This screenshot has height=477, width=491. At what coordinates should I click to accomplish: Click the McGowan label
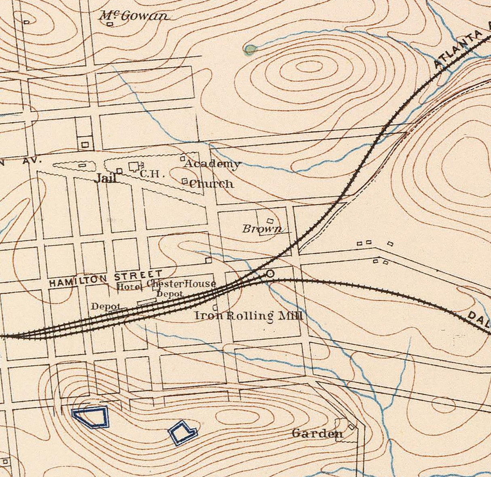coord(133,16)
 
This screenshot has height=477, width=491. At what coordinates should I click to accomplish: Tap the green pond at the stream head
coord(250,50)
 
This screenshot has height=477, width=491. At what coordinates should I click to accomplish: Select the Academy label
coord(212,164)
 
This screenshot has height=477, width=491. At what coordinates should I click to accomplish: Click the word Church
coord(212,184)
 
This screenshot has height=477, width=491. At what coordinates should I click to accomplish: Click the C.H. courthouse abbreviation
coord(151,174)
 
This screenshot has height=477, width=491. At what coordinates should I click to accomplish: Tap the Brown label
coord(262,229)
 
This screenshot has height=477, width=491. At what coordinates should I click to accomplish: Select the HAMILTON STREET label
coord(106,279)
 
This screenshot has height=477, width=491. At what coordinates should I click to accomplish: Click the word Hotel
coord(129,287)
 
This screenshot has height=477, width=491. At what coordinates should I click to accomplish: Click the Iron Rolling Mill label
coord(248,316)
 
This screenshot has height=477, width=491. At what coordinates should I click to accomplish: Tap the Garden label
coord(317,434)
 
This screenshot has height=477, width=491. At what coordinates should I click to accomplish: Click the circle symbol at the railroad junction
coord(270,274)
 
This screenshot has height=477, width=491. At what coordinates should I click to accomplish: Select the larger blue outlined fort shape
coord(91,417)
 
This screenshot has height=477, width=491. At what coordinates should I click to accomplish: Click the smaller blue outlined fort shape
coord(183,433)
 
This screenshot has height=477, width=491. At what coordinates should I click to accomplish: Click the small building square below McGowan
coord(109,24)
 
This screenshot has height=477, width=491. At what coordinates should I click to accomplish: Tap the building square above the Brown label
coord(270,221)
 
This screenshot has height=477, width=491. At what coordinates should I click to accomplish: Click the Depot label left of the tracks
coord(105,307)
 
